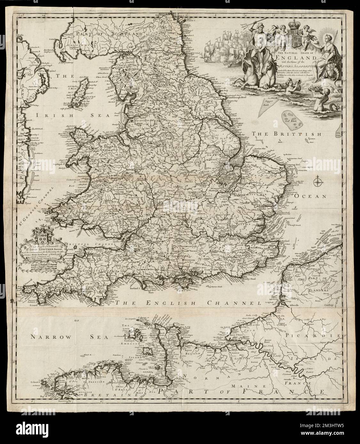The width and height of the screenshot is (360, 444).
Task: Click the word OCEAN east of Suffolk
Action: pyautogui.click(x=310, y=196)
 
